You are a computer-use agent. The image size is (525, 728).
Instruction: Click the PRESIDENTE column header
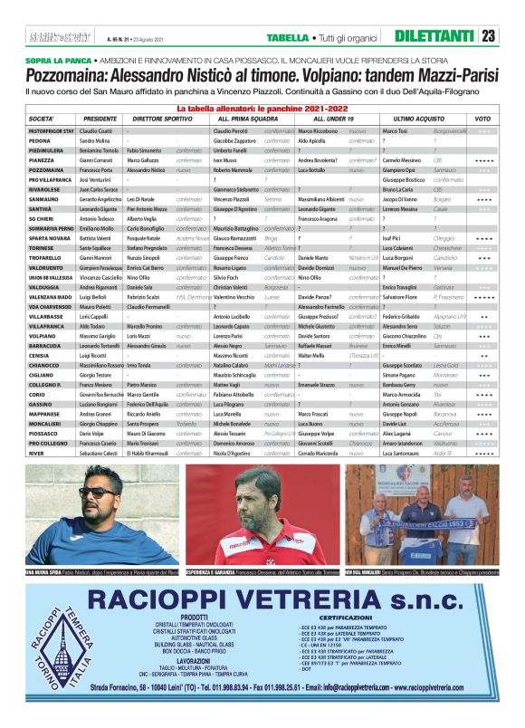click(x=100, y=120)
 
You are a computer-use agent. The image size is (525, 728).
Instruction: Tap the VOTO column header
click(x=482, y=120)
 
